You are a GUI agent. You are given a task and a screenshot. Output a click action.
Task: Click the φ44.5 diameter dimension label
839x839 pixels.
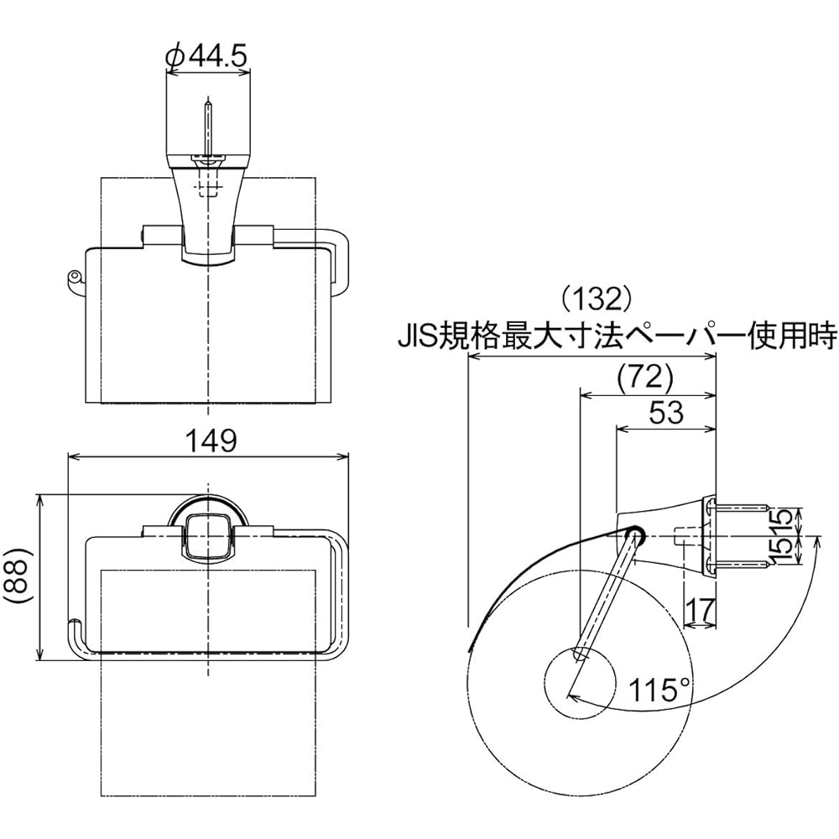click(x=207, y=55)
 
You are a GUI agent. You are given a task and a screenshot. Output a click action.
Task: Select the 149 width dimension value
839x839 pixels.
click(x=211, y=442)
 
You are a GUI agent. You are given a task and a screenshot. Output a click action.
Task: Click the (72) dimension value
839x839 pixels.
click(x=644, y=378)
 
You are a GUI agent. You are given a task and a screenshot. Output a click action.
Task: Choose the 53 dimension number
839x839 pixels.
click(x=666, y=413)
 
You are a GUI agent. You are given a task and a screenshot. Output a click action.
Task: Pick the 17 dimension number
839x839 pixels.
click(x=700, y=609)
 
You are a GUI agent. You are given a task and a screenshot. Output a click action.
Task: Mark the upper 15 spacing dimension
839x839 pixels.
click(x=783, y=522)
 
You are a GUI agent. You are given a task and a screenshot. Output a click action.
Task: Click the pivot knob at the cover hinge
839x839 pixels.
click(x=635, y=535)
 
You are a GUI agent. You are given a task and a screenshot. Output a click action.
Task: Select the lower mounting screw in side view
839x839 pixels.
click(x=737, y=563)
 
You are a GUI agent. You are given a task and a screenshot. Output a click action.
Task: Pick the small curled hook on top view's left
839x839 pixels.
click(x=72, y=280)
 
